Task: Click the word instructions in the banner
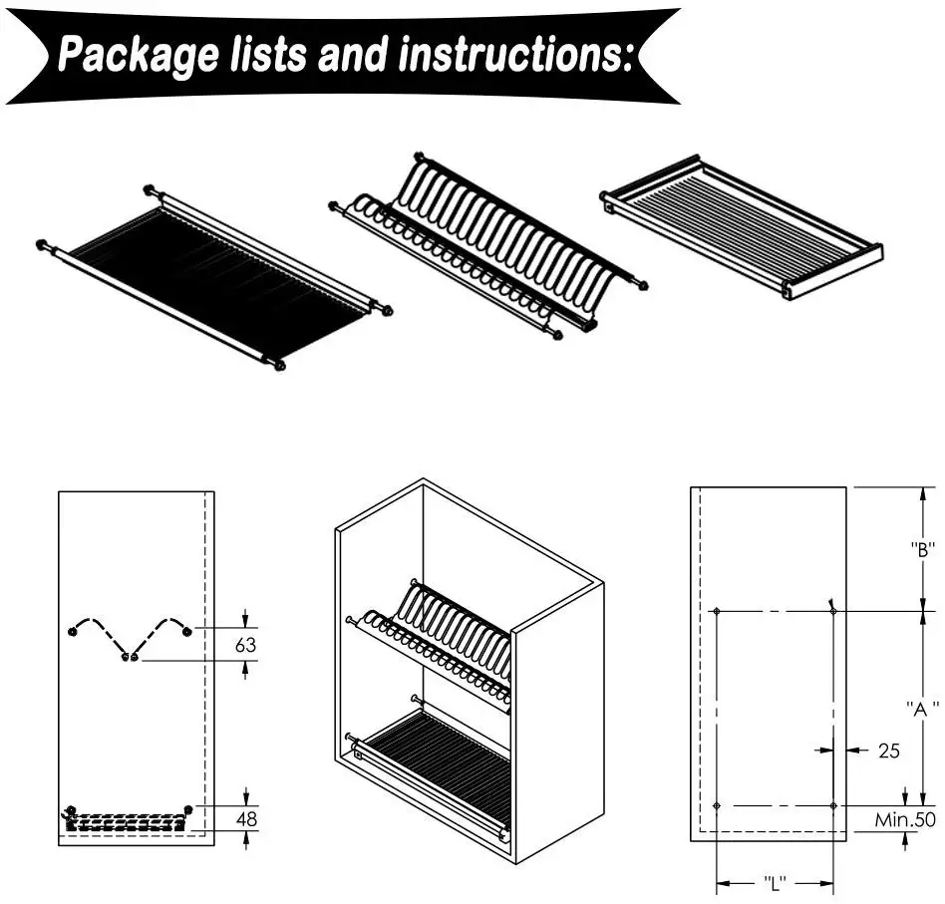(x=514, y=55)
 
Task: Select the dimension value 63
(x=245, y=645)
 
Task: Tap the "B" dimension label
(x=922, y=548)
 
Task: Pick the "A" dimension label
(x=922, y=709)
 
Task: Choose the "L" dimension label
(x=776, y=883)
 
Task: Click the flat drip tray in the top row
(x=743, y=227)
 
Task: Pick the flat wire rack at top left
(x=213, y=278)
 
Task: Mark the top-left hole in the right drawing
(x=717, y=610)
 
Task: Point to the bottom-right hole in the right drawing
(x=833, y=805)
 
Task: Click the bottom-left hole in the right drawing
(x=717, y=805)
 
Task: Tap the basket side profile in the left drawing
(x=127, y=821)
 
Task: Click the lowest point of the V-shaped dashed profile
(x=129, y=657)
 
